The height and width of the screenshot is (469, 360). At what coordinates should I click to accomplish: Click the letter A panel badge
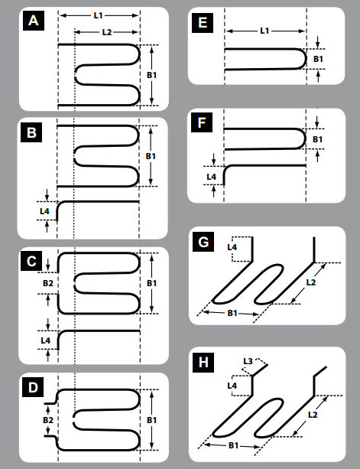(34, 21)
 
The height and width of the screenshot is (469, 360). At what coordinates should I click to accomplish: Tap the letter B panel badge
(31, 132)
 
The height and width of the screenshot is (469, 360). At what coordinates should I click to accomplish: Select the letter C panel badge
(31, 262)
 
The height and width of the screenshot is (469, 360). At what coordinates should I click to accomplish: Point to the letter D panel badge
(33, 387)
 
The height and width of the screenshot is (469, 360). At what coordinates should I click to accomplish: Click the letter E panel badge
(203, 23)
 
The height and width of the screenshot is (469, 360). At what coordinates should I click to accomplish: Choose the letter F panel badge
(202, 122)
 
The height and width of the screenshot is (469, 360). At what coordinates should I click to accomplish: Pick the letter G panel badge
(203, 242)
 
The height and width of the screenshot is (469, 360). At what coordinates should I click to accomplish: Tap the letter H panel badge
(203, 363)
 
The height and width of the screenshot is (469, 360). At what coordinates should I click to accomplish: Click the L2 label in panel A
(107, 32)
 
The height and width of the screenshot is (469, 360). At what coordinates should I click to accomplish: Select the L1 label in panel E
(264, 31)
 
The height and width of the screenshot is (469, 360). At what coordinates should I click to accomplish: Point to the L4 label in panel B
(44, 211)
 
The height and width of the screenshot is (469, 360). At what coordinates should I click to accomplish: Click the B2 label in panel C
(48, 283)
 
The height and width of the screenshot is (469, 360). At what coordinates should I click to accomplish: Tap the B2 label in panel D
(48, 420)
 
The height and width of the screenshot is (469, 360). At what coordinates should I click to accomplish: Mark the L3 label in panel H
(248, 361)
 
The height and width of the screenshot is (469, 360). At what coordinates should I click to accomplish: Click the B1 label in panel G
(232, 313)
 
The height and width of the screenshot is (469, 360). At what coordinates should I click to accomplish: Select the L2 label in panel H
(313, 415)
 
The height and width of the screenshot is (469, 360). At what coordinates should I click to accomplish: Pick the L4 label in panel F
(211, 177)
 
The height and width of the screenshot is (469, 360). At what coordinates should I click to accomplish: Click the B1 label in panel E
(318, 59)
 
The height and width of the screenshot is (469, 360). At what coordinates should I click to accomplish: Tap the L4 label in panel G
(232, 247)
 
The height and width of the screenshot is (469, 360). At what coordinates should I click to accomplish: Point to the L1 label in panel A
(99, 15)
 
